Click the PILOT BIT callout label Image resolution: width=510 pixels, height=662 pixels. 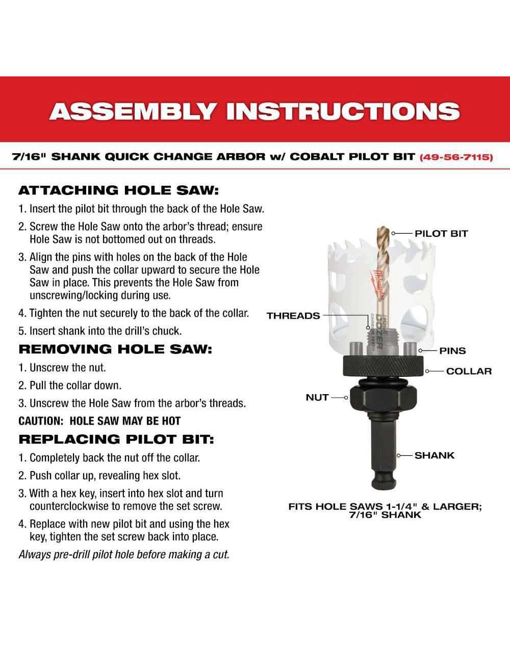[x=441, y=234]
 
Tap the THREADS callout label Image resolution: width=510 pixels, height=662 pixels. [x=293, y=316]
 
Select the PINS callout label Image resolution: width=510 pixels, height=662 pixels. [x=452, y=351]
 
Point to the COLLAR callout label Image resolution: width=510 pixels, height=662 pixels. [x=469, y=371]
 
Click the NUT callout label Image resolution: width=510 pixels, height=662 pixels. [x=317, y=397]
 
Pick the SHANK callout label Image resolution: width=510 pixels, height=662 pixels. [x=435, y=455]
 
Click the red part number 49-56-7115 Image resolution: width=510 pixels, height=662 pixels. [x=456, y=157]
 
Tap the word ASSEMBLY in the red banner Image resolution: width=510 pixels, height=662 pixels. [x=133, y=111]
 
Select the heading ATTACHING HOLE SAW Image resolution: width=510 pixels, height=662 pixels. [x=118, y=190]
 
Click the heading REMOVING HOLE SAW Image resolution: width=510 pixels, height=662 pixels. [x=115, y=349]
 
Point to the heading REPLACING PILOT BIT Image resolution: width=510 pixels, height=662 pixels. [x=116, y=439]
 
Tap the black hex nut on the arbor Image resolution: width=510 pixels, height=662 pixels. [x=383, y=398]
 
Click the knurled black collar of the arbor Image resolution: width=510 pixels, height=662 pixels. [x=383, y=366]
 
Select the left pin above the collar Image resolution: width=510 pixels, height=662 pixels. [x=356, y=349]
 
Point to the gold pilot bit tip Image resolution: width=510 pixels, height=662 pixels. [x=382, y=228]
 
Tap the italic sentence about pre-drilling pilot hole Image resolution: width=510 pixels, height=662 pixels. [x=124, y=555]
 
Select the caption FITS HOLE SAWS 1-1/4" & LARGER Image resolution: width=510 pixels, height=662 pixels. [x=385, y=507]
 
